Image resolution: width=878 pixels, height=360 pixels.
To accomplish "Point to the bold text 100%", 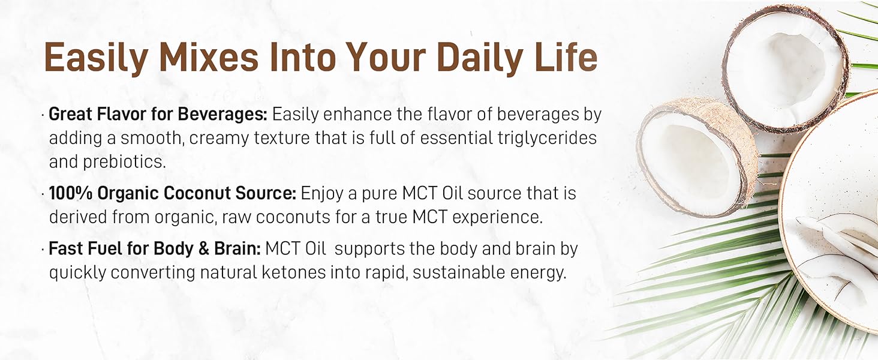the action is click(71, 193).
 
